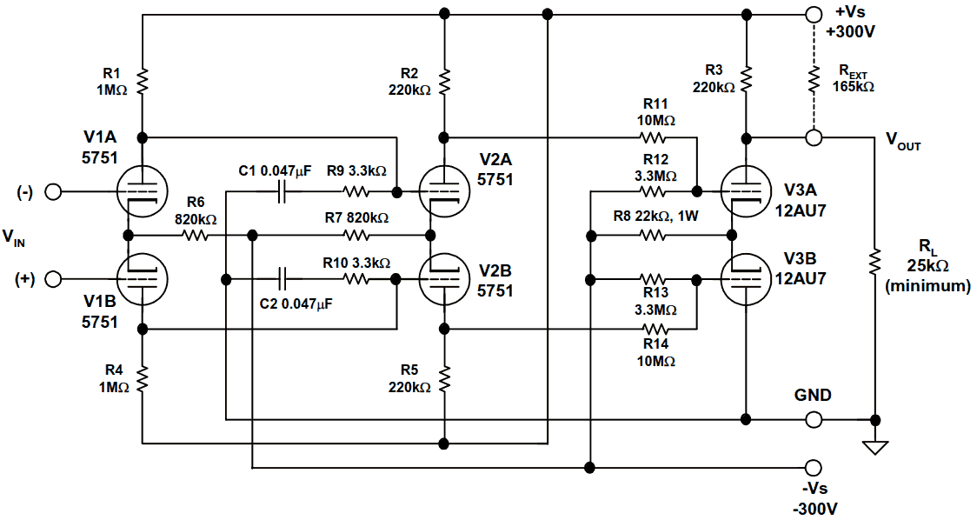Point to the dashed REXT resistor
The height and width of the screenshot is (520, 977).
[814, 81]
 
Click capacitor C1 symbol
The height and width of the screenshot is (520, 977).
[281, 192]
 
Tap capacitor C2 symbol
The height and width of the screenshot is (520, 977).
[281, 279]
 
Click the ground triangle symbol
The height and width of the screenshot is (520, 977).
[875, 447]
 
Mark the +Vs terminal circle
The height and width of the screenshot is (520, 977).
[814, 15]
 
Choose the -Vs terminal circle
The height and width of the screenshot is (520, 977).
[814, 467]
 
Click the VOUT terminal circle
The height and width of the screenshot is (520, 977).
[814, 137]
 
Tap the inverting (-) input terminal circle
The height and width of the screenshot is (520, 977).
[54, 192]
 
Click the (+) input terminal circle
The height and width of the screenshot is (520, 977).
[54, 279]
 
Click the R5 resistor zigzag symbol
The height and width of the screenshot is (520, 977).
[444, 377]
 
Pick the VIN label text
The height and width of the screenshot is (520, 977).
[14, 236]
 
